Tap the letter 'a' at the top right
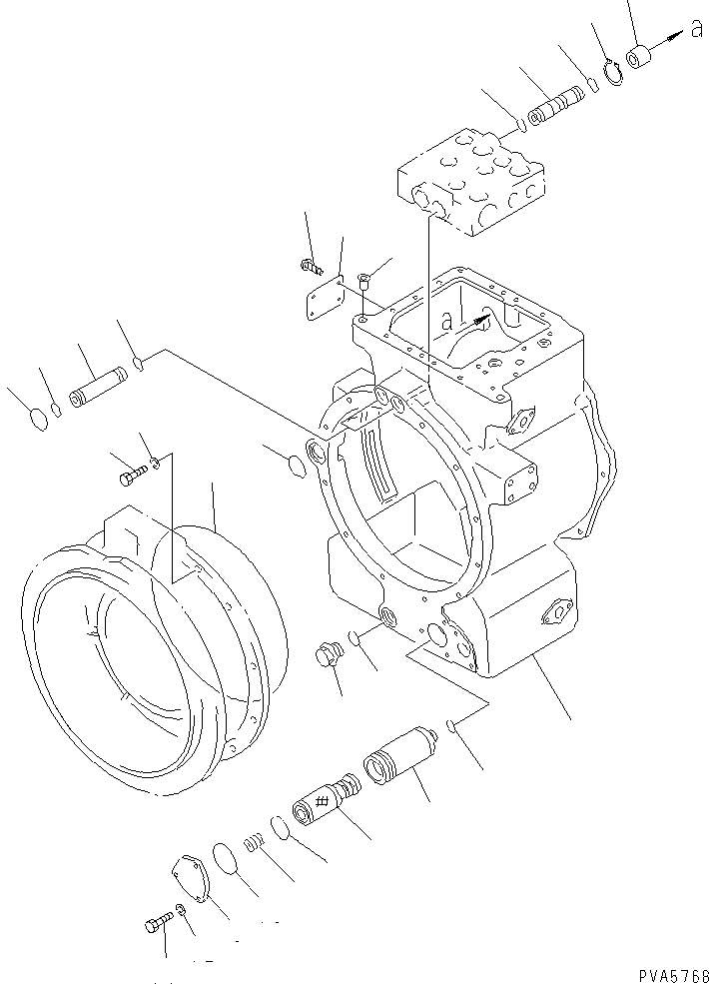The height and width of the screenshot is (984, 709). point(696,30)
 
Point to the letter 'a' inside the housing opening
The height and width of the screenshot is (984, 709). point(446,323)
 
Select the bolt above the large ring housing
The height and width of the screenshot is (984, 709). point(132,477)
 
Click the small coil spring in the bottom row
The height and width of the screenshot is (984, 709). point(256,844)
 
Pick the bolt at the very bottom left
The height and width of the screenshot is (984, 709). point(156,924)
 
